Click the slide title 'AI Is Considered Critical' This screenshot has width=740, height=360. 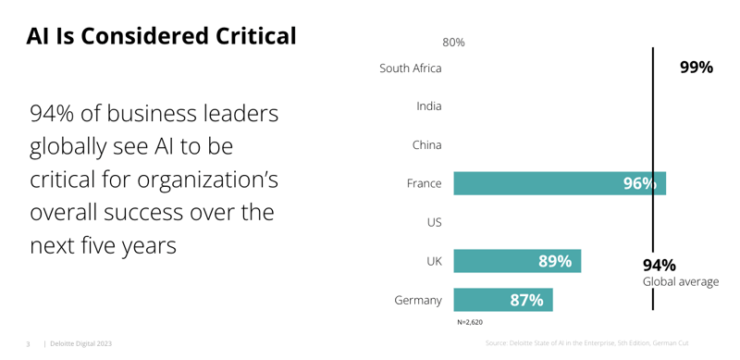pos(161,36)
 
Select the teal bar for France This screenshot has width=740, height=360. pos(536,183)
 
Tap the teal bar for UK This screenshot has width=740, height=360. pos(499,261)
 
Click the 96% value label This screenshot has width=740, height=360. pos(639,183)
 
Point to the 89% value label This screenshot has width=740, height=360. pos(555,261)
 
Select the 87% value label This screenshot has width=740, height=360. pos(527,300)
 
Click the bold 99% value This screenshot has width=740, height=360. pos(696,68)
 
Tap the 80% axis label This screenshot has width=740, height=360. pos(453,43)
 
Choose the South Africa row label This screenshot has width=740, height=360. pos(411,68)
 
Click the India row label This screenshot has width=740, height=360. pos(429,106)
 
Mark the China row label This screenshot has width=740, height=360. pos(427,145)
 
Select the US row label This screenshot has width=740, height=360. pos(434,223)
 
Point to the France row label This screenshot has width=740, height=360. pos(425,184)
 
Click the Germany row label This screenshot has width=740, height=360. pos(418,301)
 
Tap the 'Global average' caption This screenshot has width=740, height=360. pos(681,281)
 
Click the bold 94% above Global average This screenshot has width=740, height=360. pos(660,265)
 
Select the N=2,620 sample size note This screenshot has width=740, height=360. pos(470,323)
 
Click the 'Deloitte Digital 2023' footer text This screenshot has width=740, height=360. pos(80,343)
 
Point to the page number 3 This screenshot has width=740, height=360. pos(28,343)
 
